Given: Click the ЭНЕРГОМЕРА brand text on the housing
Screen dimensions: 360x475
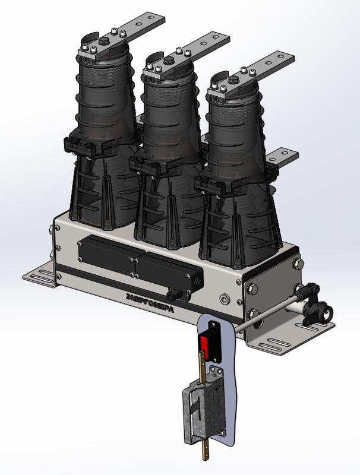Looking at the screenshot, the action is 150,303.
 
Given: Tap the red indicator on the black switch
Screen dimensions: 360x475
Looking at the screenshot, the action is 204,346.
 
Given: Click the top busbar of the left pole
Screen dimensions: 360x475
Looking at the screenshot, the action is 122,36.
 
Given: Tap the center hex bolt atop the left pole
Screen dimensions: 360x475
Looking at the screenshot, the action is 103,42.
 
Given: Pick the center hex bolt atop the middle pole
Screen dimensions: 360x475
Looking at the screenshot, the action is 168,61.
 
